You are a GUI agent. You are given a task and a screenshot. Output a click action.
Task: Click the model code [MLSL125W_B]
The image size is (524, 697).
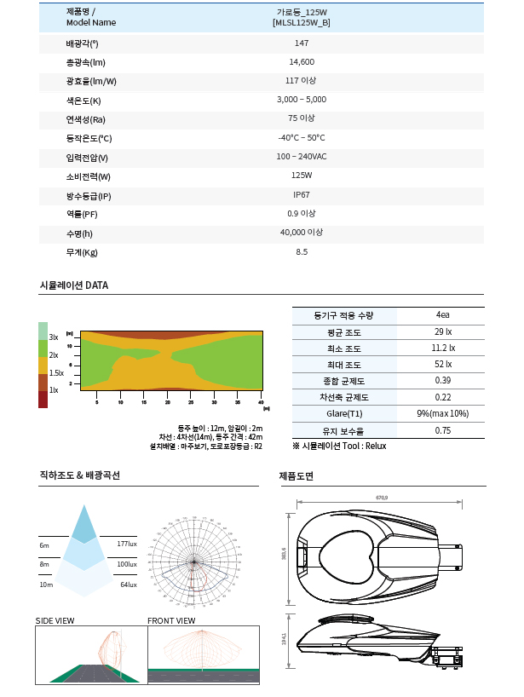click(302, 23)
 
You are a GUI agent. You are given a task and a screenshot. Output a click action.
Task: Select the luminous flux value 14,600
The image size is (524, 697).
click(302, 62)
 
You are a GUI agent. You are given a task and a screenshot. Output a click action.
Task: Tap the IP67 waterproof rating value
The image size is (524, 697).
click(302, 194)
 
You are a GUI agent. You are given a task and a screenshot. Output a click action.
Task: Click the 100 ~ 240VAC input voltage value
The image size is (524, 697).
click(302, 157)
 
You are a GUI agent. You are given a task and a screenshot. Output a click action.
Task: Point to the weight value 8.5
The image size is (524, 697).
click(302, 252)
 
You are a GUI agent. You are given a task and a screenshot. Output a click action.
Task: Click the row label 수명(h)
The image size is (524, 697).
click(79, 233)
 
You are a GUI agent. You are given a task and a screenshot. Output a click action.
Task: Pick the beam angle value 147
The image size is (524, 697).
click(302, 43)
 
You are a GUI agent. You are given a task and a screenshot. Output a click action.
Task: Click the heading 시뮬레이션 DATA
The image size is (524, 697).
click(74, 285)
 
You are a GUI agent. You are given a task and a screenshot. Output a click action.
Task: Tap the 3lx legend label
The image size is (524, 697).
click(54, 337)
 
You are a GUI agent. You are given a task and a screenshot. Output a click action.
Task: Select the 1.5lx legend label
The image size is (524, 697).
click(56, 372)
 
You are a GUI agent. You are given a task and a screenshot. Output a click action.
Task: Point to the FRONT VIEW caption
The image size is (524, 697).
click(171, 620)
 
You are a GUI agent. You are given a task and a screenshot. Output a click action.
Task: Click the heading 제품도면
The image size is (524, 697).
click(297, 475)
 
